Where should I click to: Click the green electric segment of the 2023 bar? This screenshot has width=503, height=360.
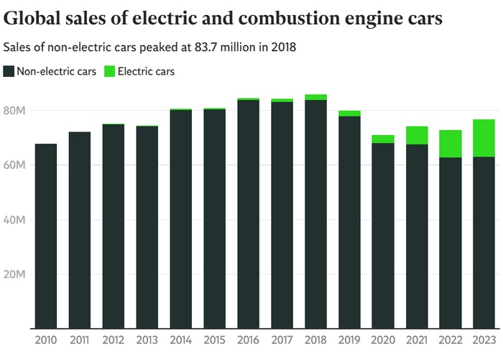click(484, 138)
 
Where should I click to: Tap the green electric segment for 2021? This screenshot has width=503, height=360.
click(416, 135)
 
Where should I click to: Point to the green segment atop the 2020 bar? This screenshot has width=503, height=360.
click(383, 139)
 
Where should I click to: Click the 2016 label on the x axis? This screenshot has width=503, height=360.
click(248, 340)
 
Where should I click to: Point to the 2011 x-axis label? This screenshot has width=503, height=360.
click(80, 340)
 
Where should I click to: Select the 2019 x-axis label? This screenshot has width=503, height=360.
click(349, 340)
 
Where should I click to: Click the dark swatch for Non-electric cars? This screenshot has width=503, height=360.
click(9, 71)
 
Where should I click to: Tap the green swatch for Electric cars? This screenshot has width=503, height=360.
click(109, 71)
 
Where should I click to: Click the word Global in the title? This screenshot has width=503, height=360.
click(32, 17)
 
